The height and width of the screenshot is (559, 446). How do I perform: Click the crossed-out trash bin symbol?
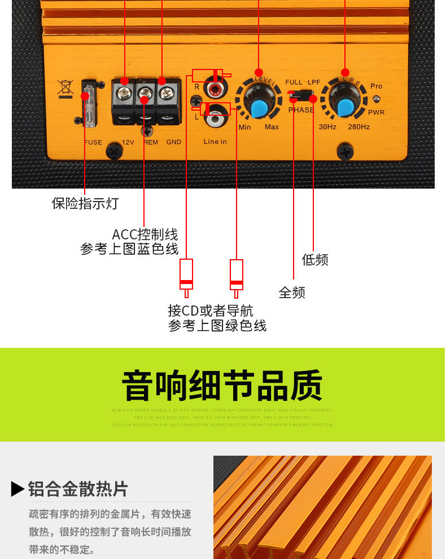[x=65, y=89]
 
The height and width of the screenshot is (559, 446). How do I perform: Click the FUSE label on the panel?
[x=93, y=142]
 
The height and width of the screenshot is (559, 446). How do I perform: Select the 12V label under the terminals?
[x=128, y=142]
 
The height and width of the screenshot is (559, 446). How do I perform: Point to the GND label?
[x=173, y=142]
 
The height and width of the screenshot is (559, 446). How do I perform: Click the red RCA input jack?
[x=215, y=89]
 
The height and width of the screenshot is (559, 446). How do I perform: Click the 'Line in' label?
[x=215, y=142]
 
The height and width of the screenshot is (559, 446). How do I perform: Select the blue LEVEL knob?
[x=259, y=107]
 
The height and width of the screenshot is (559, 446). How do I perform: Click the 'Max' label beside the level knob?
[x=272, y=127]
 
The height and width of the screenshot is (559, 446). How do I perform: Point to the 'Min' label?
[x=244, y=127]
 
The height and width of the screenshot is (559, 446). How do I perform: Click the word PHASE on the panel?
[x=301, y=110]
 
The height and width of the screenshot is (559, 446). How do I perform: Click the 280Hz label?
[x=358, y=127]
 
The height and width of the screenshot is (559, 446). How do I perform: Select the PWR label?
[x=376, y=112]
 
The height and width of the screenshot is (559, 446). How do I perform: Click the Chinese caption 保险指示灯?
[x=85, y=203]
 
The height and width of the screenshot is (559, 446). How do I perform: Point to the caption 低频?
[x=314, y=260]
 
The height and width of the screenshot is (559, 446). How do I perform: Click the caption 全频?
[x=292, y=292]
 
